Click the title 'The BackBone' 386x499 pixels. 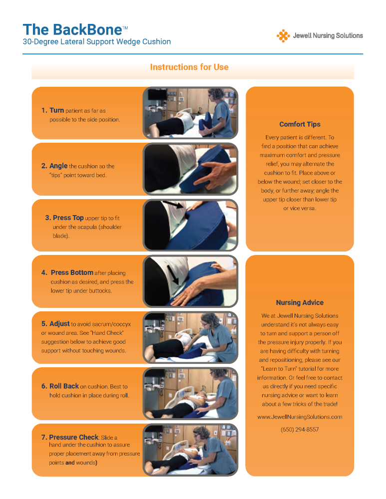[72, 29]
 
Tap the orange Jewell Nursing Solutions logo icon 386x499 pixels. [283, 35]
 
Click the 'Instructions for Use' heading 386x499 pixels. [189, 67]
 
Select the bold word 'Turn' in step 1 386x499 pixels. [57, 110]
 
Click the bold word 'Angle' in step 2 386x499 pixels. [58, 166]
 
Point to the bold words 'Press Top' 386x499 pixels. [68, 218]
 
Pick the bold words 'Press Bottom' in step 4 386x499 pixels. [72, 272]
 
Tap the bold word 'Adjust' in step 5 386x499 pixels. [59, 324]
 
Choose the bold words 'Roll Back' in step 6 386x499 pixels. [64, 386]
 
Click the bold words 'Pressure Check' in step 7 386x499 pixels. [73, 437]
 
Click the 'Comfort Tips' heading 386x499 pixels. [300, 124]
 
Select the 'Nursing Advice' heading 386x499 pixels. [300, 302]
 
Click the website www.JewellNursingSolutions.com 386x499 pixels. [300, 417]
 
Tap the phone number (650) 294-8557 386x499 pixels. [300, 430]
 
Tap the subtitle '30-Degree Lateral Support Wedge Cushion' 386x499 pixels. [97, 42]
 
